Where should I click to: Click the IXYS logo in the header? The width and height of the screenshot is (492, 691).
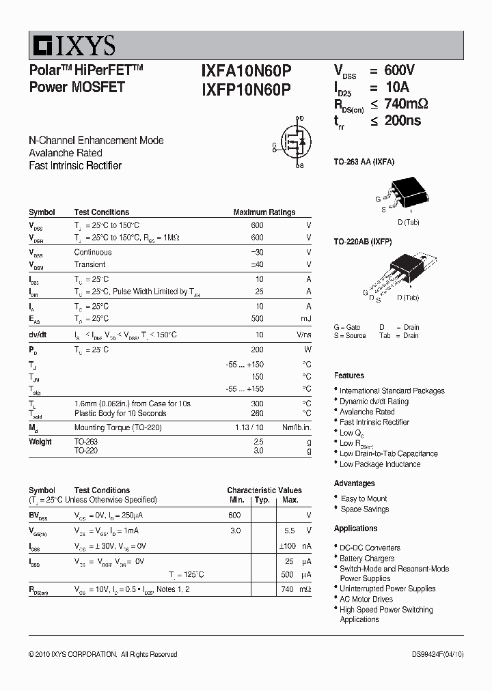click(72, 46)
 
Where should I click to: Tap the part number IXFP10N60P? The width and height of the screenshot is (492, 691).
click(246, 88)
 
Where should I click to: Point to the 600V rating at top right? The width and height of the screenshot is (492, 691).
click(400, 71)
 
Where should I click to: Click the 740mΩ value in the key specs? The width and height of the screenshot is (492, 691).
click(408, 104)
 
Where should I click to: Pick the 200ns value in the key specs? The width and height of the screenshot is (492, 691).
click(403, 121)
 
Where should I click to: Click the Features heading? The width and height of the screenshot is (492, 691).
click(349, 376)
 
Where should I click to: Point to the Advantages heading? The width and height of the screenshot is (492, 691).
click(355, 483)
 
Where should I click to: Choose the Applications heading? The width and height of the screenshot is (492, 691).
click(355, 528)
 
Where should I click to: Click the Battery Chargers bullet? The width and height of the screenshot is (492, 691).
click(367, 559)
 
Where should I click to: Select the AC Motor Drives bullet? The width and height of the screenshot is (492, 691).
click(366, 600)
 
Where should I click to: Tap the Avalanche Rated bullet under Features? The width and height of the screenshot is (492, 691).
click(367, 412)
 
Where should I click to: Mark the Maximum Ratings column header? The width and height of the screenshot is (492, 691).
click(264, 212)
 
